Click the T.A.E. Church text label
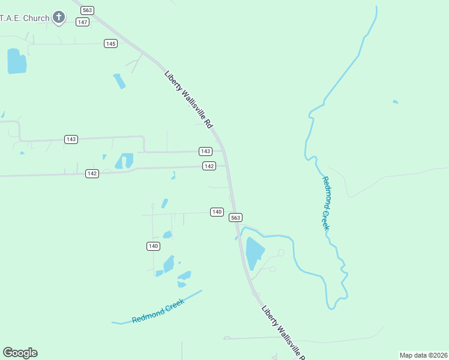pos(25,18)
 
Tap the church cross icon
pos(59,17)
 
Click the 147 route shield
pos(83,22)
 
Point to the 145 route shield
pos(110,43)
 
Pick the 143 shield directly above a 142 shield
pos(205,151)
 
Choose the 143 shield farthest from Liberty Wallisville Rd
pos(71,139)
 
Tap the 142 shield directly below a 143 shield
pos(209,166)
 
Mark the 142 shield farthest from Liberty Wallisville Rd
pos(92,173)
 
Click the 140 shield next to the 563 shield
pos(217,212)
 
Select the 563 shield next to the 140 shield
pos(236,217)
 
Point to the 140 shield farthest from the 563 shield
pos(153,246)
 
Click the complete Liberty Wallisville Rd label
pos(189,99)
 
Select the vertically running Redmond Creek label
pos(326,203)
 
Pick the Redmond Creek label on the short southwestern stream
pos(158,310)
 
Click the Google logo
pos(20,353)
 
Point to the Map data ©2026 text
pos(423,355)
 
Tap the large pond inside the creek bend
pos(255,253)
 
